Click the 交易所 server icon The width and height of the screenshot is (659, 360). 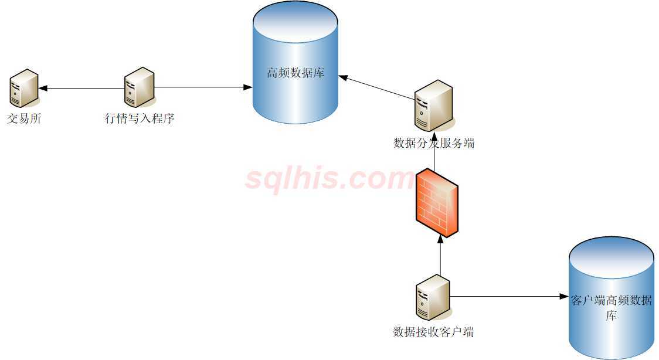tap(23, 87)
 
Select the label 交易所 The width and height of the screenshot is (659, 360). tap(24, 119)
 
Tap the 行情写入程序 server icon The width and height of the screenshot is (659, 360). tap(140, 86)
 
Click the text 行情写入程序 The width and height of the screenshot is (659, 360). tap(140, 119)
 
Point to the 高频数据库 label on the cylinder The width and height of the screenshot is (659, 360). tap(295, 73)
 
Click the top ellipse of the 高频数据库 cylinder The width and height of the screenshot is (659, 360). tap(295, 23)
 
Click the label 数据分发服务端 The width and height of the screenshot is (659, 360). tap(434, 142)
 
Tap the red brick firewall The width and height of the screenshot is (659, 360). tap(436, 203)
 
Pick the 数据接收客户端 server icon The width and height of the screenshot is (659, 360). tap(433, 298)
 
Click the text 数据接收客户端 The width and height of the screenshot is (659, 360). tap(433, 332)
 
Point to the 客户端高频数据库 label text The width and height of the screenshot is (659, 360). tap(612, 308)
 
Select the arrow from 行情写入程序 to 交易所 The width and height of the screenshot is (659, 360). tap(82, 89)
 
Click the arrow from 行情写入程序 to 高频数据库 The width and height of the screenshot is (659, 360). tap(199, 88)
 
